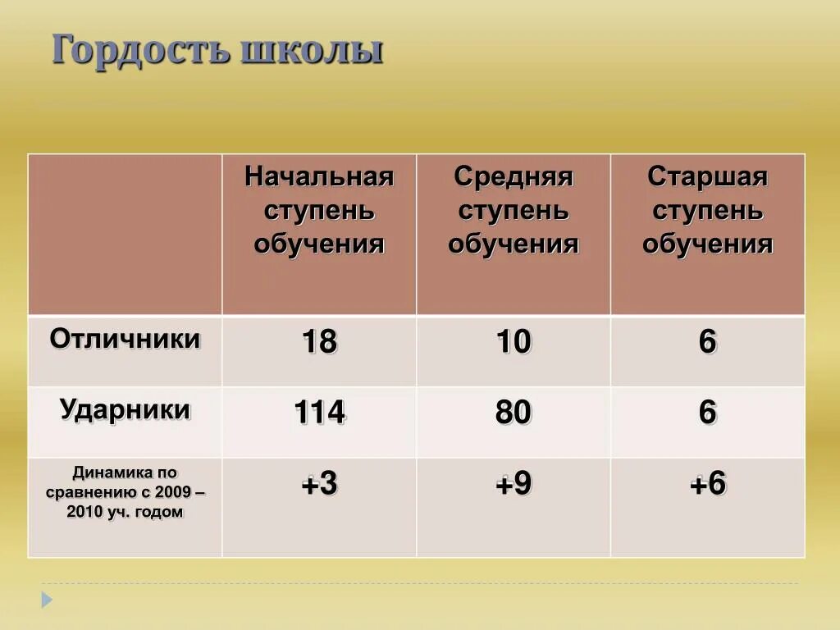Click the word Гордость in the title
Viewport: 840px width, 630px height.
140,50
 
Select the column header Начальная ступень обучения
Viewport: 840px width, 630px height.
319,210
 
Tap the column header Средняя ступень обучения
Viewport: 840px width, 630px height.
514,210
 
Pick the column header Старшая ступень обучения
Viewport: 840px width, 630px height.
707,210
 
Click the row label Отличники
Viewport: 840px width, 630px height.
125,339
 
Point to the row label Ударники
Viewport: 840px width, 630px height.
125,409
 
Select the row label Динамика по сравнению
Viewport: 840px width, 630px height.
125,492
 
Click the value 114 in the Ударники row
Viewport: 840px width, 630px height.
319,413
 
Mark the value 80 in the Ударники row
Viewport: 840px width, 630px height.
514,413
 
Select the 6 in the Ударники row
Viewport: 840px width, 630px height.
707,413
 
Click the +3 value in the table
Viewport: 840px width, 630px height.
319,485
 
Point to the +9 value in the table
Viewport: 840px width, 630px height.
514,485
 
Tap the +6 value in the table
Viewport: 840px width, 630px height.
707,485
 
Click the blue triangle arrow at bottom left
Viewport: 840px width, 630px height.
47,600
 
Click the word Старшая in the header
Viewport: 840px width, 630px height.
707,176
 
